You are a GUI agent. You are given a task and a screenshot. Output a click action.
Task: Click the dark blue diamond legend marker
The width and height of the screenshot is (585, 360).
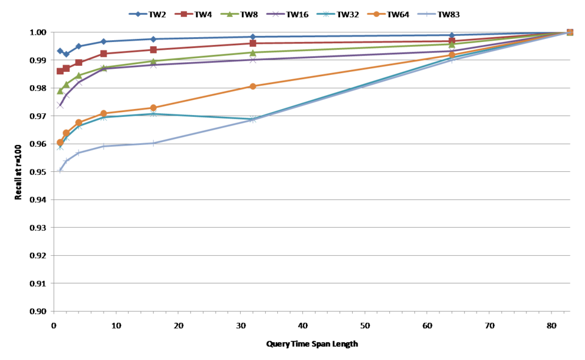138,14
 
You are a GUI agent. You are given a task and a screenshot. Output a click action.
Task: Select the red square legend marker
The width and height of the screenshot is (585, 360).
183,14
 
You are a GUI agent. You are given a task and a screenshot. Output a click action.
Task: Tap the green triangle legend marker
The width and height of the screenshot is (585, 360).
229,14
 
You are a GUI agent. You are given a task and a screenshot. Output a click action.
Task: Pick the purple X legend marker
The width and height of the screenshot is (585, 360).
275,14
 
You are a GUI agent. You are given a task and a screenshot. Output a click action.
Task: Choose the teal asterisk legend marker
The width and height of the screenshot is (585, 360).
325,14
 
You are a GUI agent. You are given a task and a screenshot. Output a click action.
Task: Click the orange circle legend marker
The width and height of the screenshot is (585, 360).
376,14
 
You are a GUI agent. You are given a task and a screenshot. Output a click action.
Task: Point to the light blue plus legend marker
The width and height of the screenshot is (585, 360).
427,14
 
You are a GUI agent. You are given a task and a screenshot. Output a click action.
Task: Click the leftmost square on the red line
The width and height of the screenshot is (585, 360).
60,71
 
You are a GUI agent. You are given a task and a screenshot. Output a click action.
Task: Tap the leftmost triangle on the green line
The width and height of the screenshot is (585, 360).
60,91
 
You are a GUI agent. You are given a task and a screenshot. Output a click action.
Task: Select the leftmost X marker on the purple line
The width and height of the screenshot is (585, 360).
60,105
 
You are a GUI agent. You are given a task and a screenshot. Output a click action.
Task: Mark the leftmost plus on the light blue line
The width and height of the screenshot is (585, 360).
60,171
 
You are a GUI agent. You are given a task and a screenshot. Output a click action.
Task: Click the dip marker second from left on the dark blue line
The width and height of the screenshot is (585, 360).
66,54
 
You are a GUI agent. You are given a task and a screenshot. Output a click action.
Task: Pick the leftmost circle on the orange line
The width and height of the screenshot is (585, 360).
60,141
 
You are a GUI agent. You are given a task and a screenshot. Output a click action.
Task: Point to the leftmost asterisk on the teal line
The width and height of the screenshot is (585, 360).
60,147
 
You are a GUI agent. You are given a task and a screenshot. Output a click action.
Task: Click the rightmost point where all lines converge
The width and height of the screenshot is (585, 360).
570,32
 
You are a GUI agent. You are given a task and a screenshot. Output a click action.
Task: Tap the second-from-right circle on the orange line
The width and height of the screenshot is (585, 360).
452,55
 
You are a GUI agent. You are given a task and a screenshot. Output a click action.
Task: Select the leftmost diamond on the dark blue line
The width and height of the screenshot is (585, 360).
60,51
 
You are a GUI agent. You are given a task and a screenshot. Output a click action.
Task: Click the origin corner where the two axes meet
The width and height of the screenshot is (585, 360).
54,311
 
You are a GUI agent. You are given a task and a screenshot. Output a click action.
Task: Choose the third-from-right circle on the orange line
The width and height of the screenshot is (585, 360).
253,86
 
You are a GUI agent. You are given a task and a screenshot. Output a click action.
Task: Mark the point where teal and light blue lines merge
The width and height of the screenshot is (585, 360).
253,119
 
